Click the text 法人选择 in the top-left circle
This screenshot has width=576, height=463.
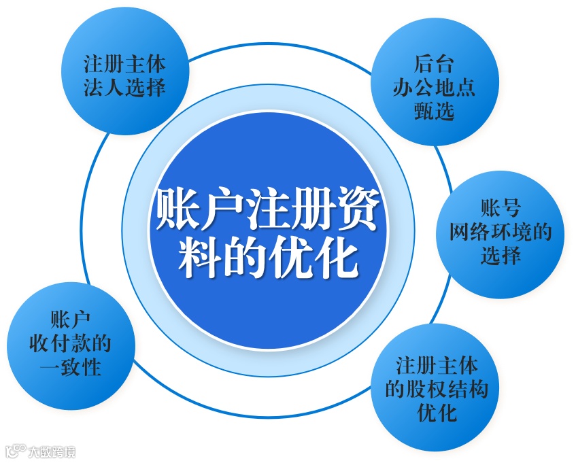click(x=125, y=88)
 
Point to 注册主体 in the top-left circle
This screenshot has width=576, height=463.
click(x=125, y=65)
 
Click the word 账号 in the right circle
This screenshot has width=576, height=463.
click(x=501, y=209)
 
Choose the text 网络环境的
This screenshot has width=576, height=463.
click(x=501, y=233)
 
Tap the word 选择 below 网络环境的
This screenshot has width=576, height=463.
click(x=501, y=256)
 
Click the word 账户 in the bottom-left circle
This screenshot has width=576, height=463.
click(x=70, y=320)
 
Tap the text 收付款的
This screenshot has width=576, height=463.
click(x=70, y=343)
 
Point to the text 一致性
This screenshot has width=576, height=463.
click(x=70, y=367)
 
